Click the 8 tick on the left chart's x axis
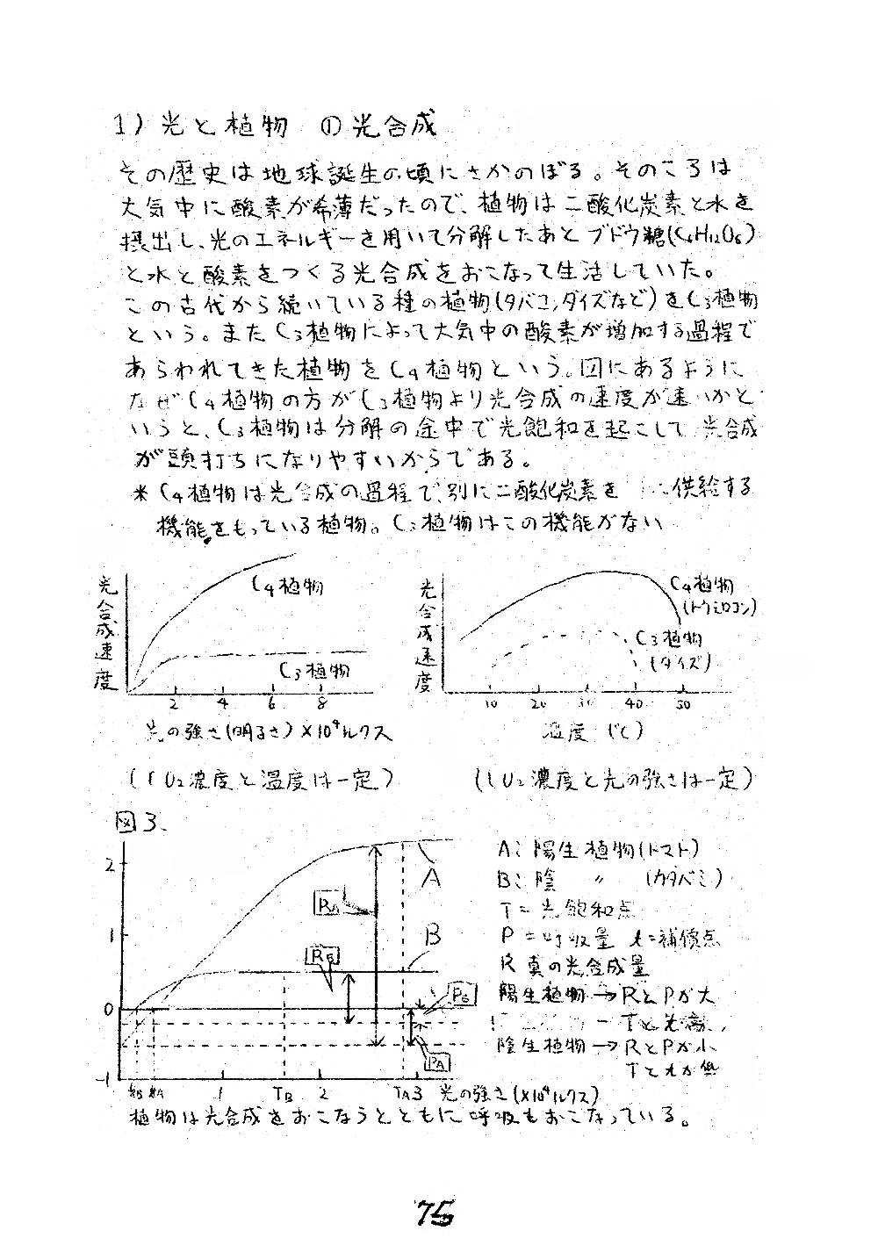pyautogui.click(x=322, y=702)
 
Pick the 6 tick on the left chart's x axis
pyautogui.click(x=273, y=702)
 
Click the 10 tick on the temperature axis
pyautogui.click(x=492, y=704)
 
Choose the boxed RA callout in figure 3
pyautogui.click(x=327, y=903)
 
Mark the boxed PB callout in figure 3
pyautogui.click(x=463, y=995)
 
